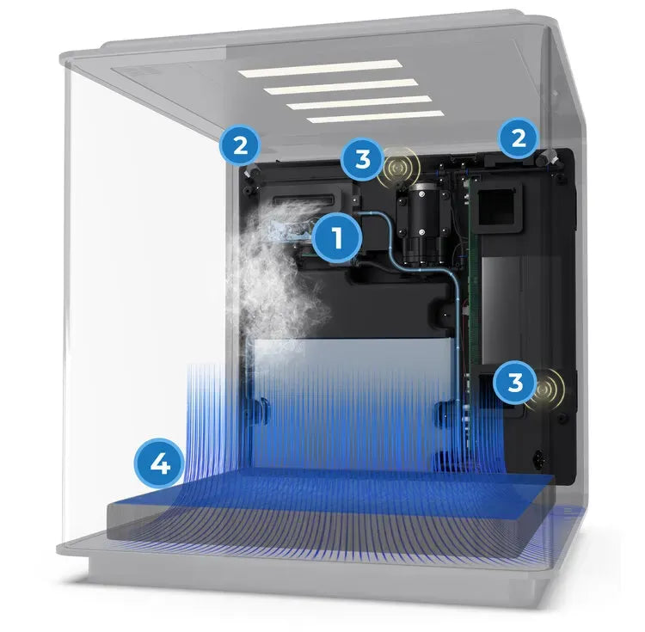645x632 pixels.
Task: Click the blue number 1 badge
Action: [x=337, y=237]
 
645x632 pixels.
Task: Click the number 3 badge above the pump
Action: [x=363, y=159]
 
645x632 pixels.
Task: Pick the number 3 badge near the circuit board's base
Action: [x=515, y=383]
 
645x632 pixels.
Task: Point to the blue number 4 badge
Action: [x=159, y=465]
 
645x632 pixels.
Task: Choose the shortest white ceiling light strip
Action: [x=376, y=116]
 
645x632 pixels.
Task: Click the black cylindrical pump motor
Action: [x=421, y=224]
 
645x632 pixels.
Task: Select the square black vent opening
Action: [x=497, y=207]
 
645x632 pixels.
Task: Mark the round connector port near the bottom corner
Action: [x=539, y=457]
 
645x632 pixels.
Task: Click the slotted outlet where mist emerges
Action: [x=305, y=201]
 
